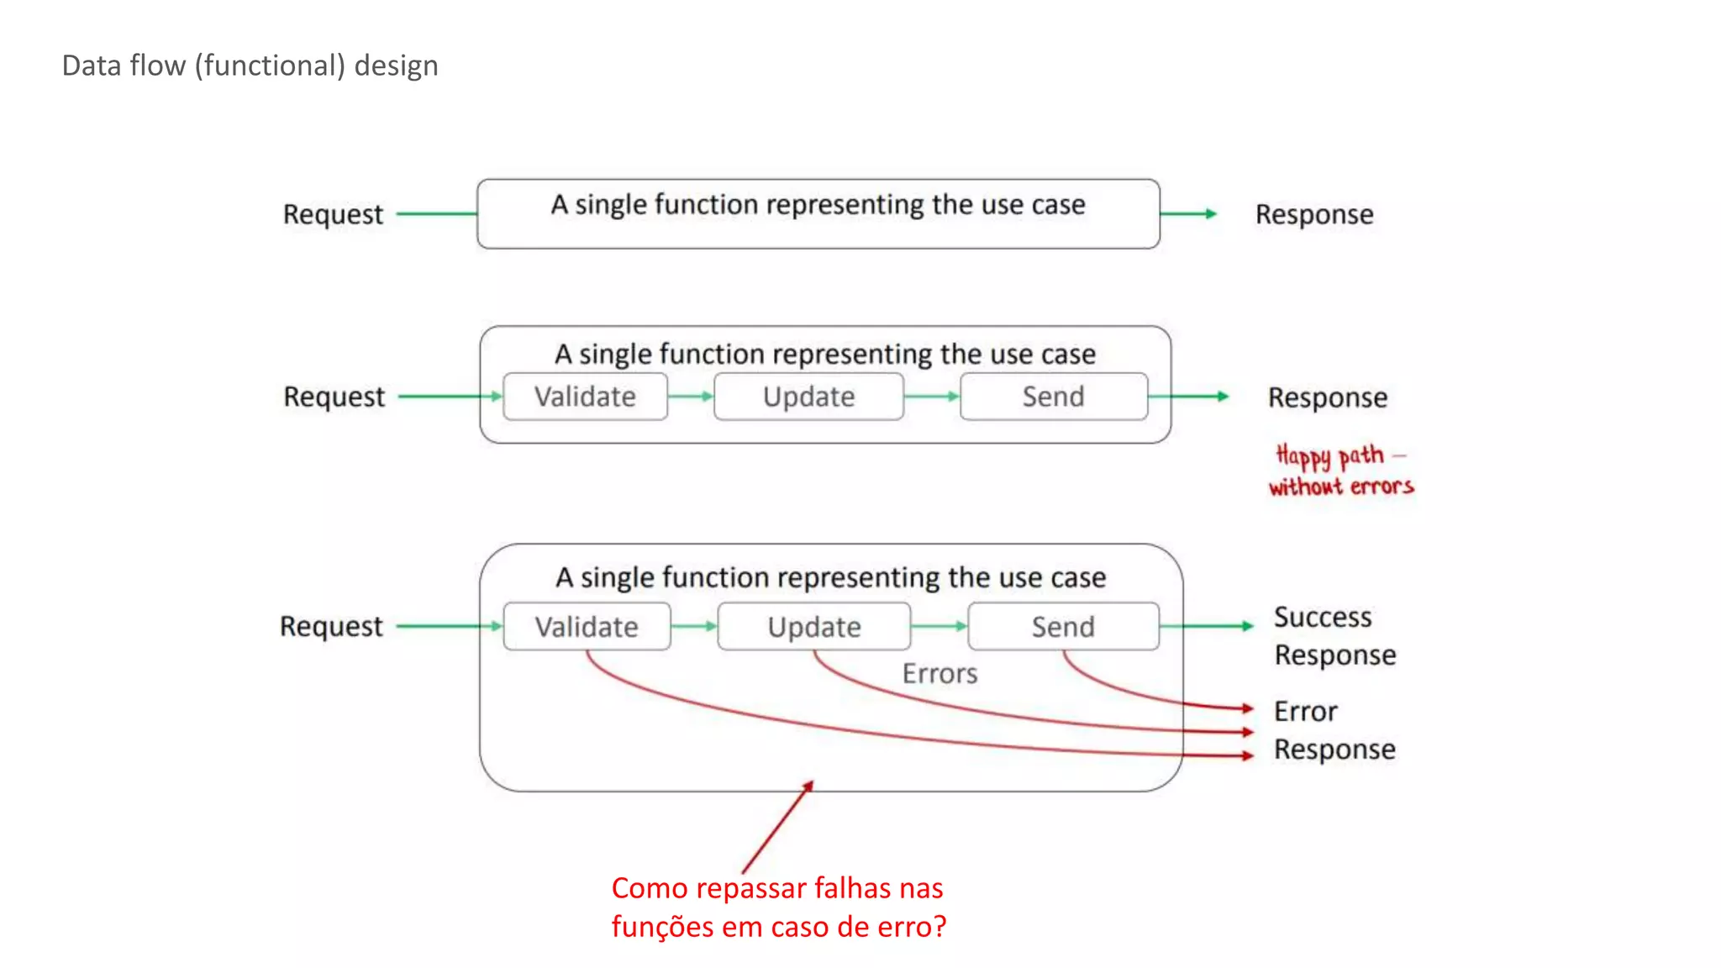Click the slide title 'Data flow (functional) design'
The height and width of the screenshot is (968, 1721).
click(250, 66)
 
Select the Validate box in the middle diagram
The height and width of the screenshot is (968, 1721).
click(585, 397)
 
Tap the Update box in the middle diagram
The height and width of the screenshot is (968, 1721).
click(808, 397)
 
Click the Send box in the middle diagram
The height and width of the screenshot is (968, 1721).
click(1053, 397)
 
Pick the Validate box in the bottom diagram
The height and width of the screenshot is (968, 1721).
click(587, 627)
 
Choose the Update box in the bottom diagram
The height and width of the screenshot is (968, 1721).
click(813, 627)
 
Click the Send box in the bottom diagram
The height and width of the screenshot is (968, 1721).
click(1063, 627)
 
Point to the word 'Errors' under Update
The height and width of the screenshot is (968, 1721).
click(939, 674)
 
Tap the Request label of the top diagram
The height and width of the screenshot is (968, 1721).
click(333, 214)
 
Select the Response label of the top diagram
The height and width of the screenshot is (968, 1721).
click(1314, 214)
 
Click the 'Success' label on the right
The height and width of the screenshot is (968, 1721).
click(1323, 617)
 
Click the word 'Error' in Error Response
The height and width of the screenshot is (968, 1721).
click(1305, 712)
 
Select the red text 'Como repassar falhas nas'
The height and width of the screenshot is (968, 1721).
click(776, 888)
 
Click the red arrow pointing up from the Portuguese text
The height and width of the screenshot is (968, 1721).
click(777, 828)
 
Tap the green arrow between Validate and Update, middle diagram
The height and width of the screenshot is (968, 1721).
click(691, 397)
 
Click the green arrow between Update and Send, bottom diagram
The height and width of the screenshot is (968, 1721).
click(939, 626)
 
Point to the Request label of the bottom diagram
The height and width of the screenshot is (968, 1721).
click(331, 627)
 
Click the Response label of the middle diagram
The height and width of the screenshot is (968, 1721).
click(1327, 397)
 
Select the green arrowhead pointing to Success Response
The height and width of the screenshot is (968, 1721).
click(1247, 626)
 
